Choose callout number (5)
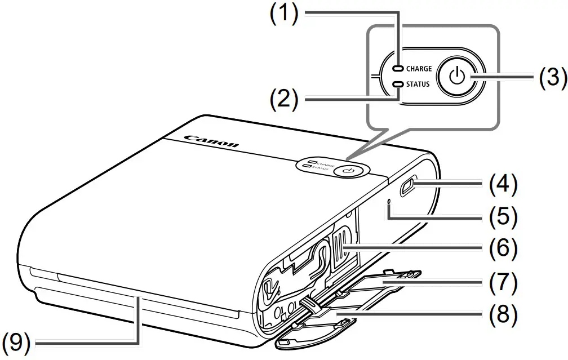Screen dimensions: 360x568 [502, 216]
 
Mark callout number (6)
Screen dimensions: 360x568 [502, 247]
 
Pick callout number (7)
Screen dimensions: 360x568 [502, 283]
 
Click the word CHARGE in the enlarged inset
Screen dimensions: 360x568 [419, 69]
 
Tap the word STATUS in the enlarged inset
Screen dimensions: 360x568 [418, 85]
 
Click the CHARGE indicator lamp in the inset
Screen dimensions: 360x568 [399, 69]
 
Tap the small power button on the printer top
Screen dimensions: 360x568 [349, 169]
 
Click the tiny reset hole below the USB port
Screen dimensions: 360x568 [389, 201]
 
